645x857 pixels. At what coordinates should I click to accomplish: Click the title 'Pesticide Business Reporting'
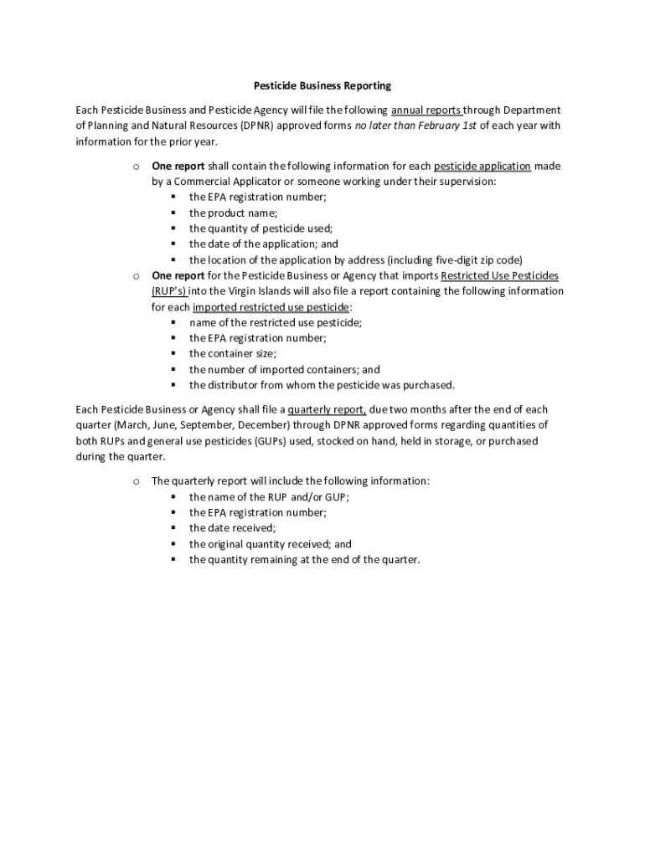point(322,85)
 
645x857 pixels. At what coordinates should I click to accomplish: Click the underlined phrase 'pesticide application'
point(482,166)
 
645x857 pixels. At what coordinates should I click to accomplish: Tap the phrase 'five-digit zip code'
point(475,259)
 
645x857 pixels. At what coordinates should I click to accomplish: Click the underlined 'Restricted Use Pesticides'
point(499,275)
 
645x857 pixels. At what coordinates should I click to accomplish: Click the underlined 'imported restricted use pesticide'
point(271,306)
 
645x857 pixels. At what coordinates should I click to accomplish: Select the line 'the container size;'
point(232,354)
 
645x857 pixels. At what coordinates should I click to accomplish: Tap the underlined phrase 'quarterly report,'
point(327,409)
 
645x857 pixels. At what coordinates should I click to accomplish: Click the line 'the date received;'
point(232,528)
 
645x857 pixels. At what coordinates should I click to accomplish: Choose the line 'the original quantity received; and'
point(270,544)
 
